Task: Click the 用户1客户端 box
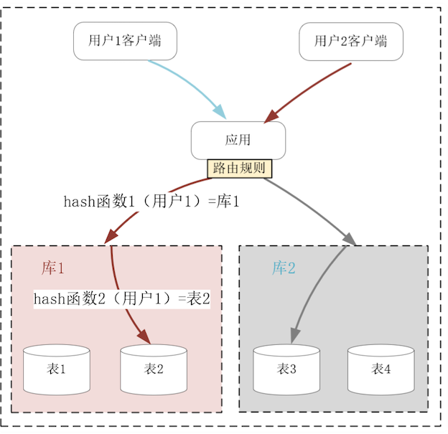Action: [x=125, y=41]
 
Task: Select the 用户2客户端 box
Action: [x=350, y=41]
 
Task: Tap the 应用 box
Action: [x=238, y=140]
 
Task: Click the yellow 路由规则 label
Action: [x=240, y=169]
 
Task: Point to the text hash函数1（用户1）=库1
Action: [x=151, y=202]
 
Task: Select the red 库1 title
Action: [x=53, y=268]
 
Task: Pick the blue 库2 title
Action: [x=284, y=268]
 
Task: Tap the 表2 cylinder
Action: [x=154, y=369]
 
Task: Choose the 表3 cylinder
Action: [x=286, y=369]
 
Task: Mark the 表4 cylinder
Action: [x=381, y=369]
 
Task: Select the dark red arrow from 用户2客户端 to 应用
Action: [x=309, y=90]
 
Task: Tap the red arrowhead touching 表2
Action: [x=143, y=336]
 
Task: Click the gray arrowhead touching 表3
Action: [x=294, y=335]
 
